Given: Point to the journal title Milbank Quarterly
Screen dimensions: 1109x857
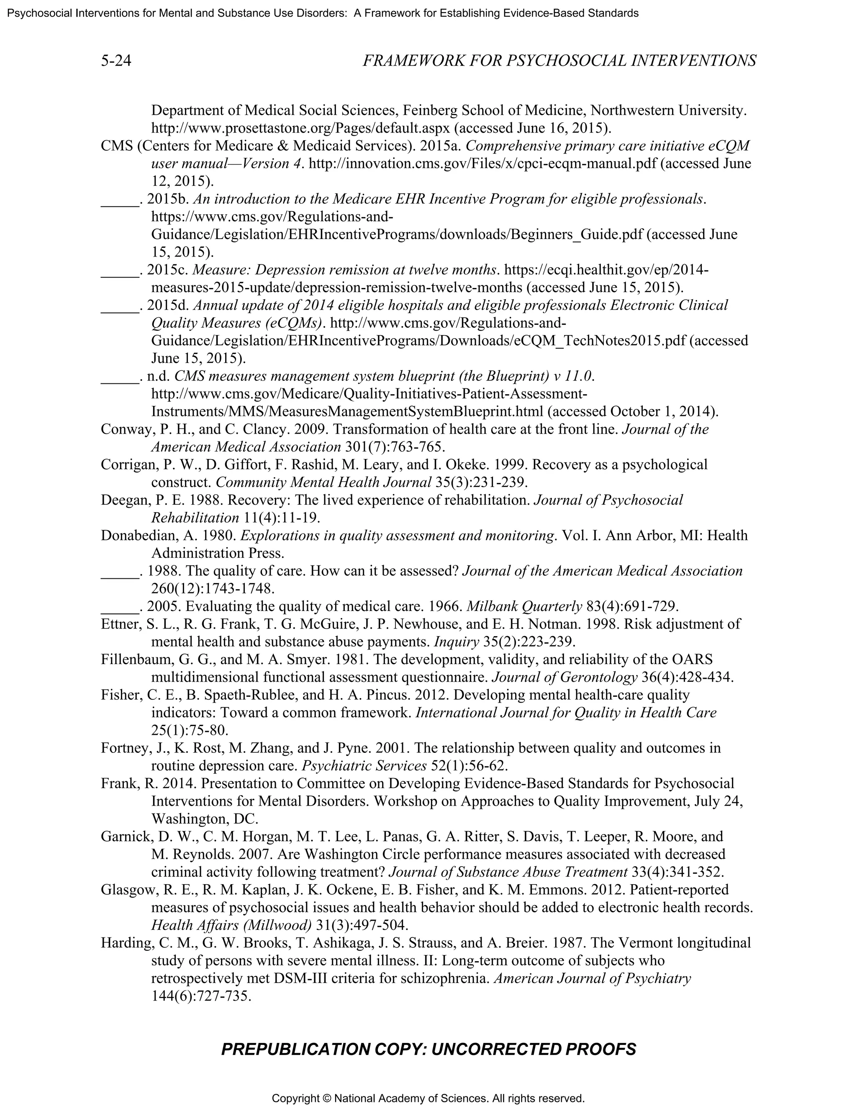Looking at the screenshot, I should point(524,606).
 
